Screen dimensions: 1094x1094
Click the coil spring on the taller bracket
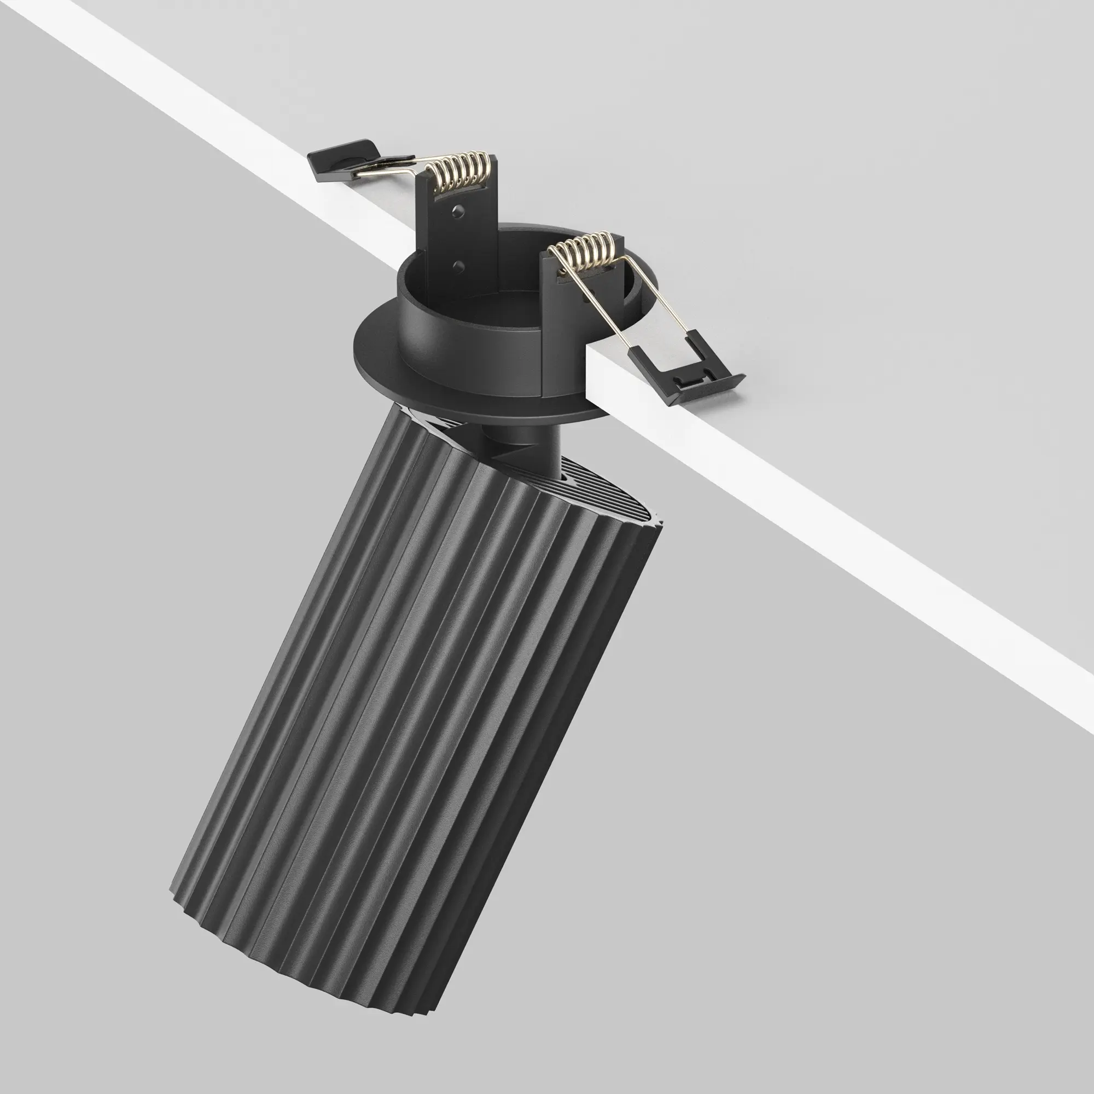(459, 171)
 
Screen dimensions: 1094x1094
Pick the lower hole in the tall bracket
(459, 264)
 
